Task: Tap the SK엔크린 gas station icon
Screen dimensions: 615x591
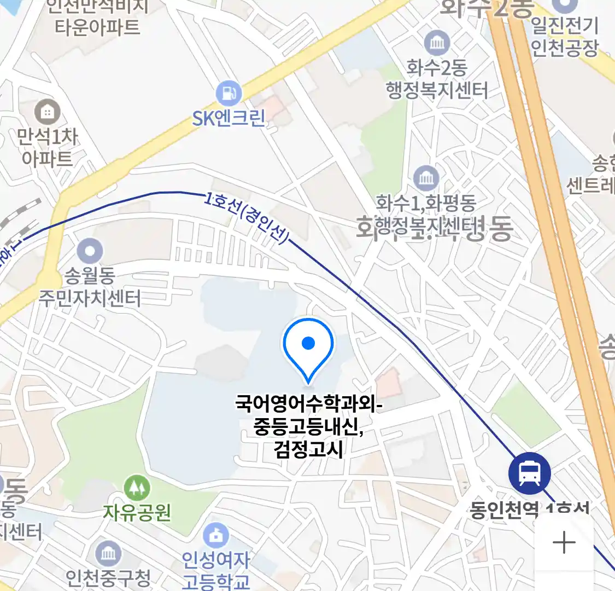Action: pos(229,93)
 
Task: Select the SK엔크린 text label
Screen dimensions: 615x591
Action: pos(229,118)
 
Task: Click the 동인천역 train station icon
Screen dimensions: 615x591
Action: pos(529,473)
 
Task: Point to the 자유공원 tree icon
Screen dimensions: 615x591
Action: pos(137,488)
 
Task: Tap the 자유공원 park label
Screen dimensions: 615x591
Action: pos(137,512)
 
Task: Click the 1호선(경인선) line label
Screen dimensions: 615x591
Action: pos(247,217)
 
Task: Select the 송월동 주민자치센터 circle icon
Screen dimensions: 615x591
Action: pos(90,252)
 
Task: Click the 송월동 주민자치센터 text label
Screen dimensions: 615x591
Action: pos(90,287)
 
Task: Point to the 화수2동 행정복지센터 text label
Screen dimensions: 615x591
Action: pos(437,79)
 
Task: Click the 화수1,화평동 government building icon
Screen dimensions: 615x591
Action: pos(426,177)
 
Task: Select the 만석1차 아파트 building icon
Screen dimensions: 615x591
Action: pos(48,112)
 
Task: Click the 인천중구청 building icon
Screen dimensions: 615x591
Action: pos(108,553)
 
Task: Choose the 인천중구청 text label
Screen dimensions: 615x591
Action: pos(108,577)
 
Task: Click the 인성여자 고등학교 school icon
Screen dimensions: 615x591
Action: pos(216,535)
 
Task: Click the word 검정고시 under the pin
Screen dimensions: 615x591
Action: pos(309,450)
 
